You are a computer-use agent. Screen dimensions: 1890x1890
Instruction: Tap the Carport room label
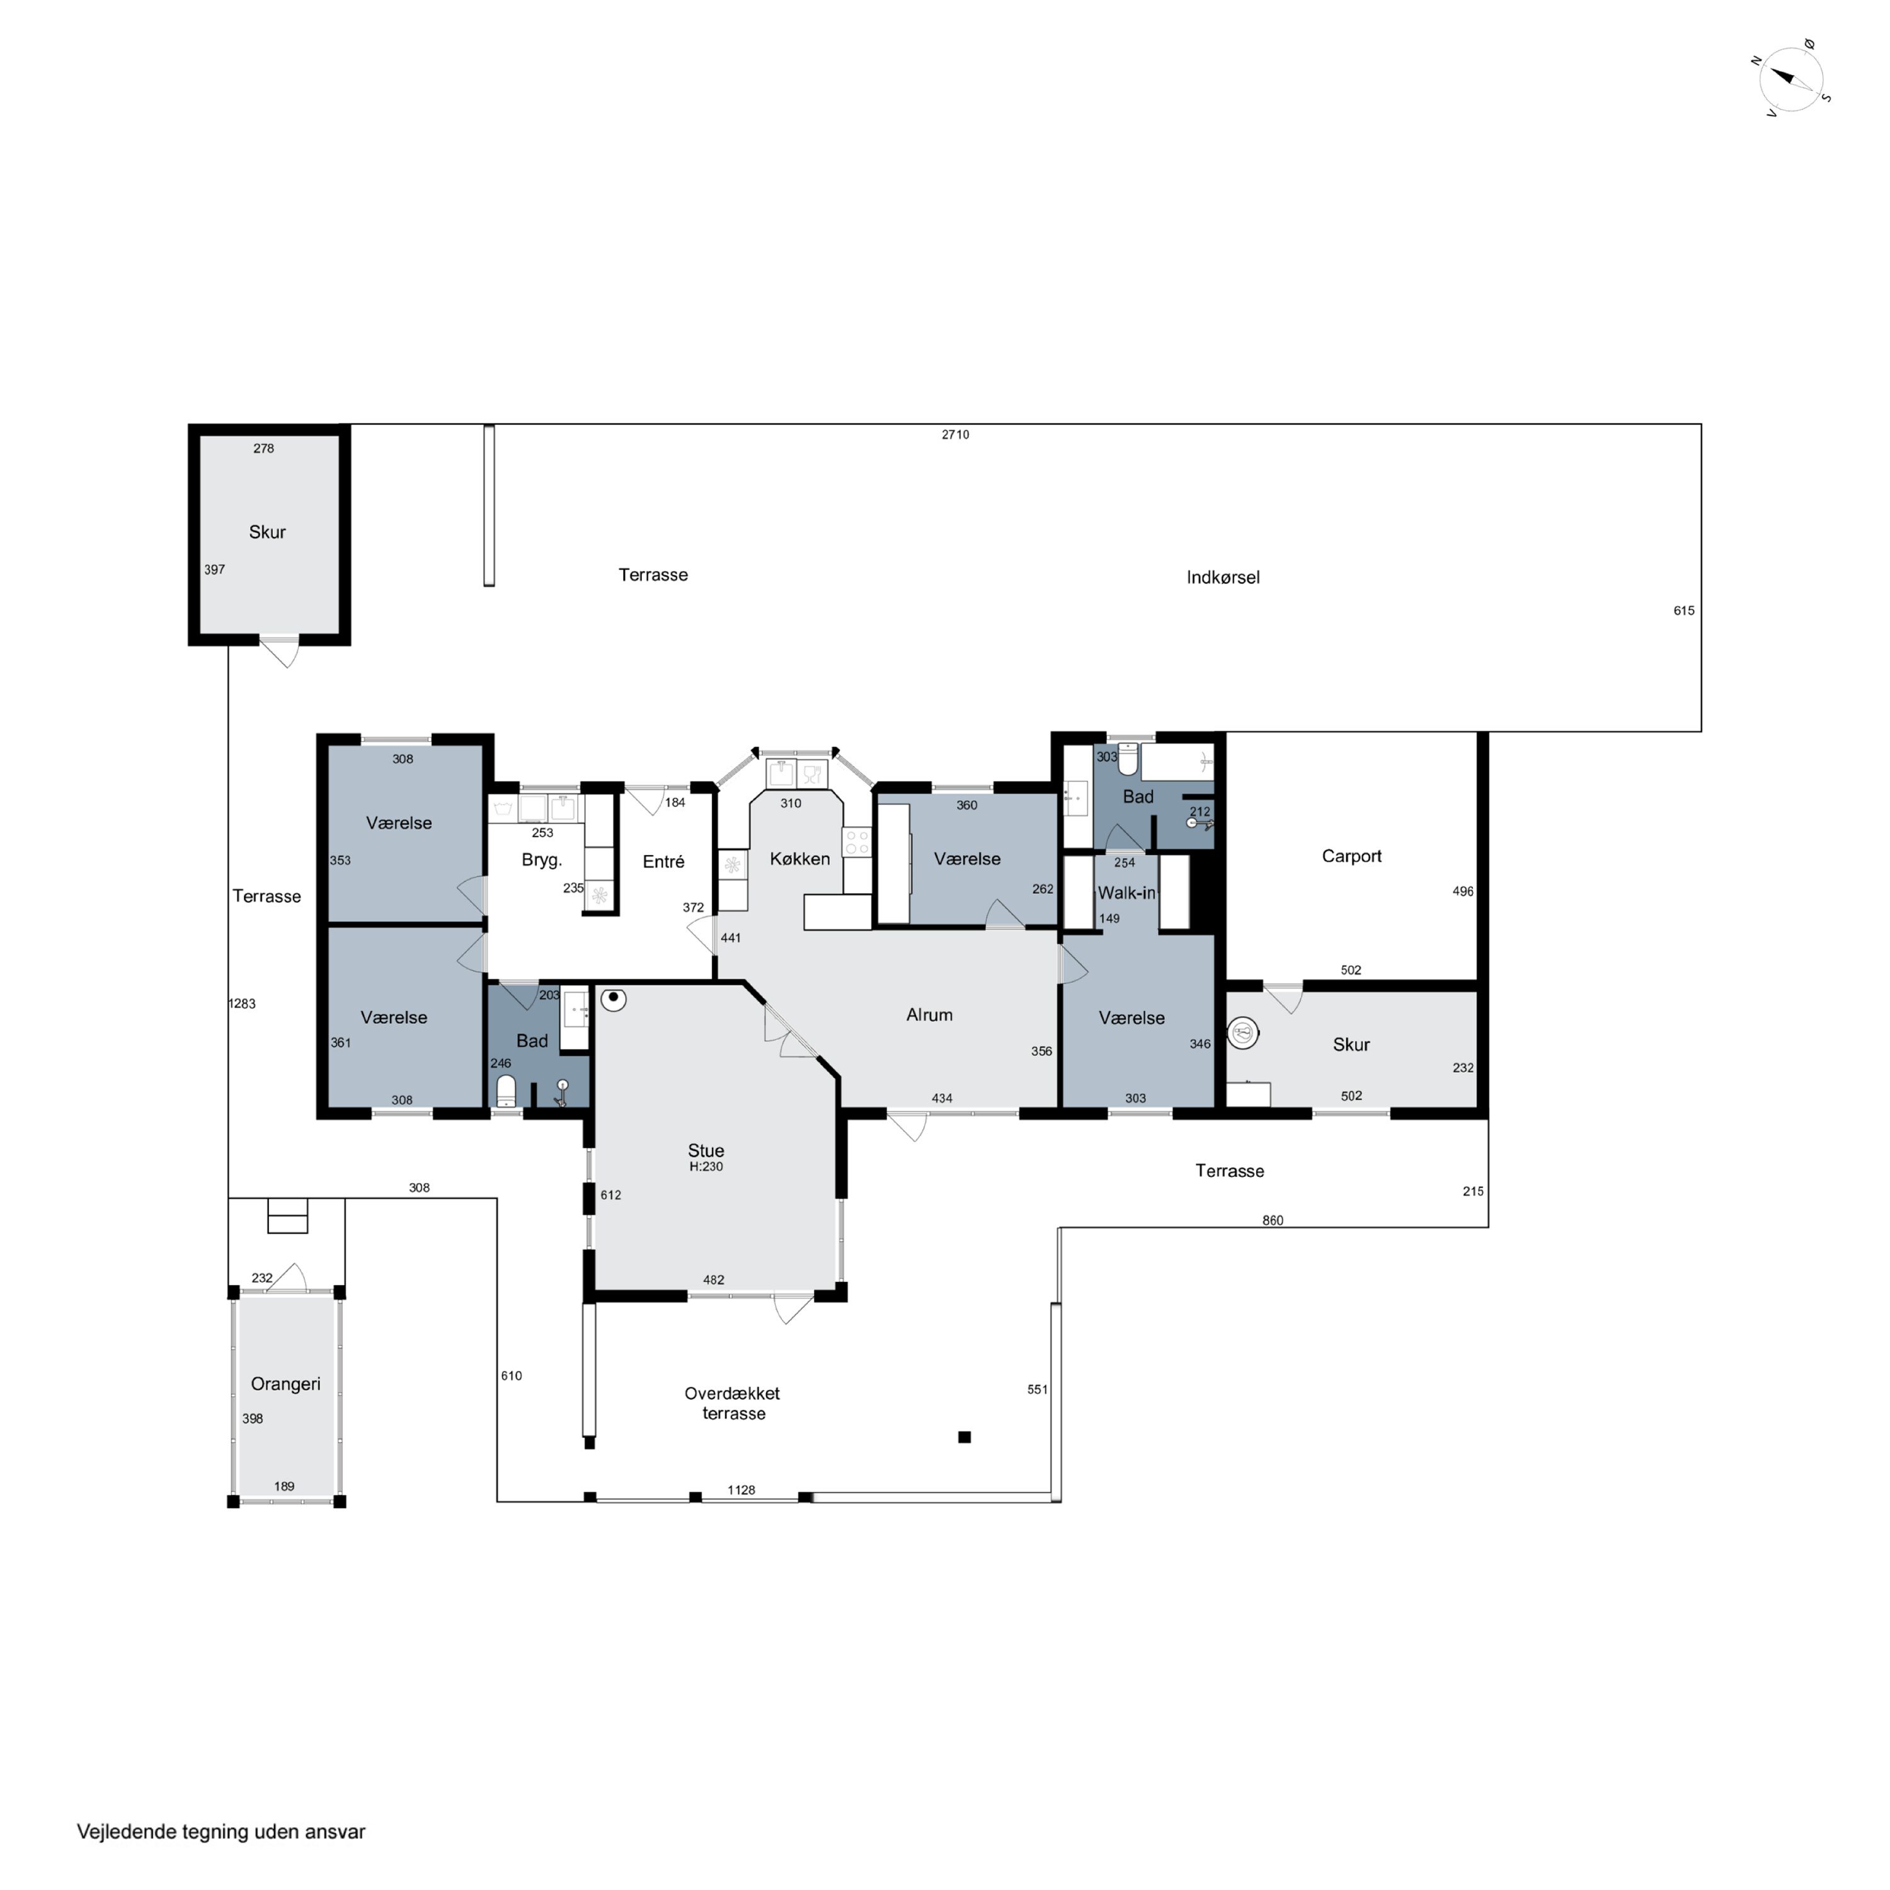coord(1351,856)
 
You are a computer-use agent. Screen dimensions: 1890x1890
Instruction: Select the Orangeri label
coord(285,1383)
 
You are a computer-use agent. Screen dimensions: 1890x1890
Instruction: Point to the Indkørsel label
coord(1223,577)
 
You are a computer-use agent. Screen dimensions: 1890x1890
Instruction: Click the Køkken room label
coord(799,859)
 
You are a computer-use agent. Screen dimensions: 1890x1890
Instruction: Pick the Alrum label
coord(929,1014)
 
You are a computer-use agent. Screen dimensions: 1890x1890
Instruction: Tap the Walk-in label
coord(1126,892)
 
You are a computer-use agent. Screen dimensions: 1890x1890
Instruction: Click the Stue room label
coord(706,1150)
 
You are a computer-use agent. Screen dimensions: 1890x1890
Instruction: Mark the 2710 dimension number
coord(956,434)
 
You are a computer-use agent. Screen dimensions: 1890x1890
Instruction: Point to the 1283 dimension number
coord(242,1004)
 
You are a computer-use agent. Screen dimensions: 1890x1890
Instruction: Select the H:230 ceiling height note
coord(706,1167)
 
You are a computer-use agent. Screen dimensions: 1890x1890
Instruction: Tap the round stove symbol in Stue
coord(614,999)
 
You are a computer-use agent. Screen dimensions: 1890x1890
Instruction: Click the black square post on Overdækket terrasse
coord(965,1437)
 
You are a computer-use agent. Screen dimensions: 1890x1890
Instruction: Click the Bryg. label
coord(542,861)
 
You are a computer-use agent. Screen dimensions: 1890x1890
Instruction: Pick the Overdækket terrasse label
coord(733,1403)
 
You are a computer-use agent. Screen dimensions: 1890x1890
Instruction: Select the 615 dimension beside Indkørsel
coord(1683,610)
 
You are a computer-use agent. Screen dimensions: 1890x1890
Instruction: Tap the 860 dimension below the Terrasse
coord(1273,1220)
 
